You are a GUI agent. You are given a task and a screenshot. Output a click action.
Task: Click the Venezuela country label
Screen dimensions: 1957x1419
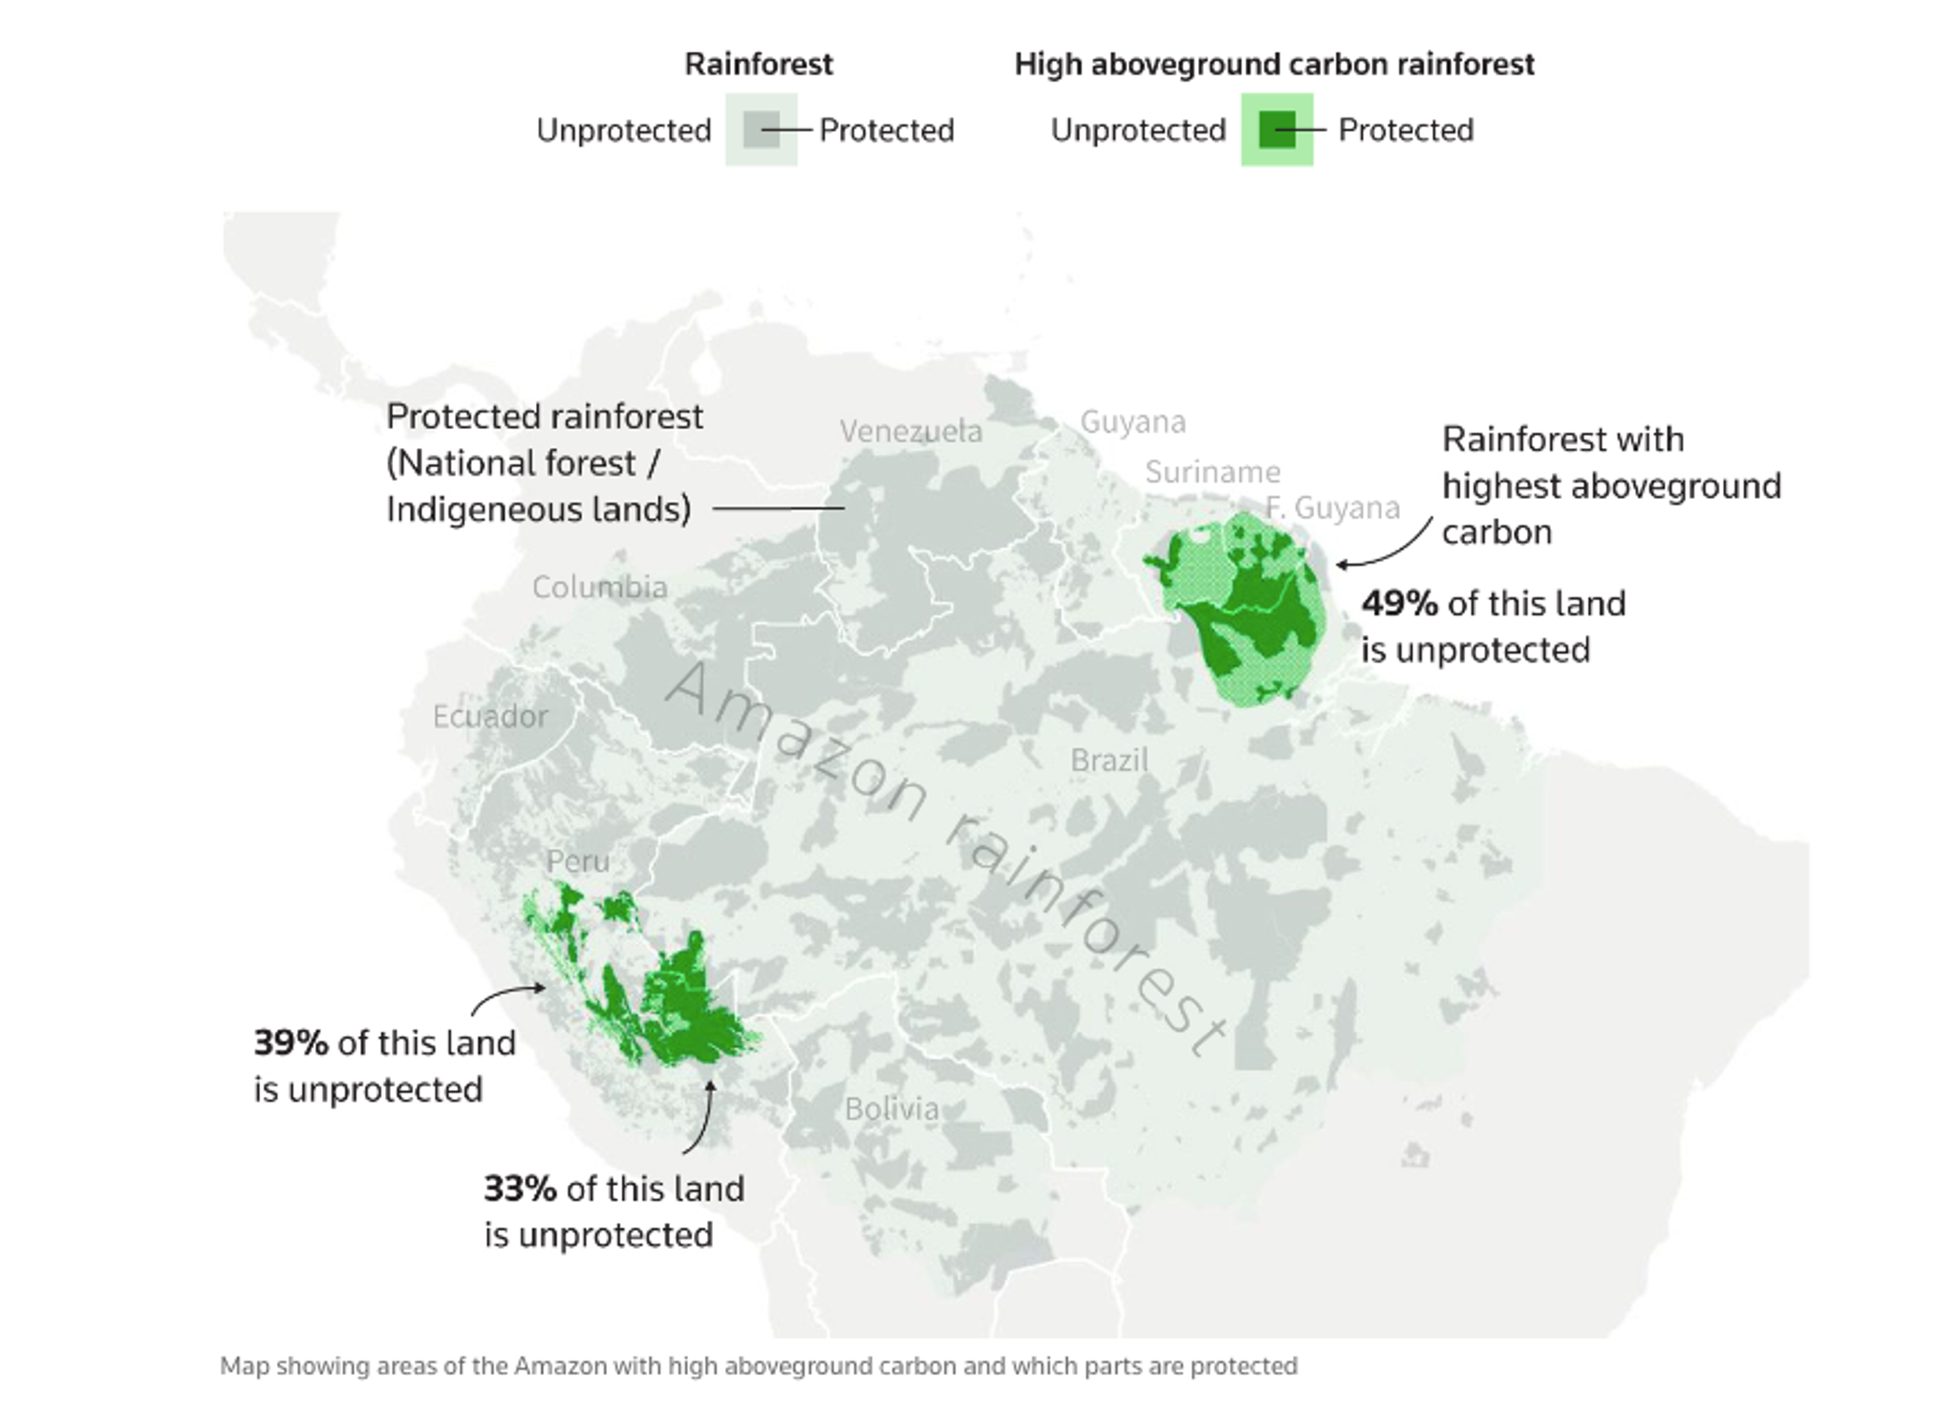[911, 431]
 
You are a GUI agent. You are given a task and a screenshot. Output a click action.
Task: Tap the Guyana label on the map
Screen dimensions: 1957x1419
[1132, 421]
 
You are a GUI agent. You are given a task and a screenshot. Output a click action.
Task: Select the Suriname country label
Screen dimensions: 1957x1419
[1213, 472]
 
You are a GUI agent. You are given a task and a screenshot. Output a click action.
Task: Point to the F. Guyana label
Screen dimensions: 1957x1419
[1333, 507]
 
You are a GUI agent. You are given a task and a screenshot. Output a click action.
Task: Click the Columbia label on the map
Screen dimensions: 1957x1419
[599, 587]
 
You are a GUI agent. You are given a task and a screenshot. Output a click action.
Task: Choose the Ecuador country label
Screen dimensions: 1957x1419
[490, 716]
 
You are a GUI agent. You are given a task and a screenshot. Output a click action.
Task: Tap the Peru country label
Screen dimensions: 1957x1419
[577, 861]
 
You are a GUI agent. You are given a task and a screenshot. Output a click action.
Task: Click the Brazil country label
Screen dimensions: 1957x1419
[1108, 761]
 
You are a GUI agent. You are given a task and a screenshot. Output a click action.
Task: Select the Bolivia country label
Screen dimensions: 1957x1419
[892, 1108]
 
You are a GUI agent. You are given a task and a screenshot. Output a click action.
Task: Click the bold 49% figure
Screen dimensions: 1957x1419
[1399, 604]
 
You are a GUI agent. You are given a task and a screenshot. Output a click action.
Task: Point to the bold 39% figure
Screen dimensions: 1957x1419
[290, 1043]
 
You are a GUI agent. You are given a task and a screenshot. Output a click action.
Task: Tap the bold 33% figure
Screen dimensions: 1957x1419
[520, 1189]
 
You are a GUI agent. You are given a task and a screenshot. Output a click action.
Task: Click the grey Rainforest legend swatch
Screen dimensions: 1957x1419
[762, 130]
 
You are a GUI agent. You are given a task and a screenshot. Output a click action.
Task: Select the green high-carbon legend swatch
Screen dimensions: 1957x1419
[1277, 130]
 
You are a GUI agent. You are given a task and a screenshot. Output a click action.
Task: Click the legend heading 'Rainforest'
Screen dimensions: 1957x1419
[759, 64]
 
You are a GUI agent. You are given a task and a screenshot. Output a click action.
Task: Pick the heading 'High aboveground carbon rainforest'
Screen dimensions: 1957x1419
[1274, 64]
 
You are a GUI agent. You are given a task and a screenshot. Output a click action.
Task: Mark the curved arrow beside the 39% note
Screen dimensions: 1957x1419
[506, 998]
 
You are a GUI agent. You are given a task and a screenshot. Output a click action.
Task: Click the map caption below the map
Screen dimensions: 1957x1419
[758, 1365]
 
